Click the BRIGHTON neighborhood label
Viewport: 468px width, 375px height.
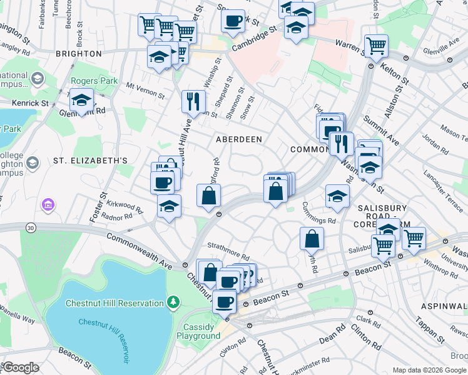79,54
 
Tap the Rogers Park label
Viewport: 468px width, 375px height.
93,81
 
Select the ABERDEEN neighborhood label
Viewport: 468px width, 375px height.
238,139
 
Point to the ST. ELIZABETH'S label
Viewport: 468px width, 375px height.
90,161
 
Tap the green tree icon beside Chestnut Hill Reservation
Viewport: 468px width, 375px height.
174,302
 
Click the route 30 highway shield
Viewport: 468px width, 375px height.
31,229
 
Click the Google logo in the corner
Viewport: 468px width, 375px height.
21,367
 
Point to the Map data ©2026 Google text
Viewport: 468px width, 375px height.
429,370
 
